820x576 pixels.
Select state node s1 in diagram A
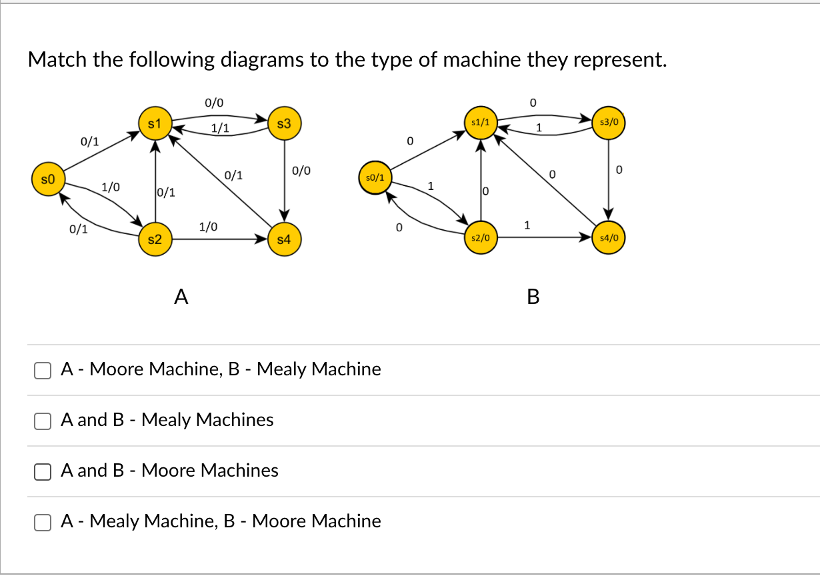(154, 123)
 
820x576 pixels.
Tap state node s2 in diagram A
(154, 239)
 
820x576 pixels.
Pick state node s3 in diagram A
(284, 123)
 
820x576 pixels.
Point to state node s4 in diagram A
(284, 239)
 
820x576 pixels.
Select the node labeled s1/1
(480, 123)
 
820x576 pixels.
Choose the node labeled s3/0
(609, 123)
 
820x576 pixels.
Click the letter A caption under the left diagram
(180, 296)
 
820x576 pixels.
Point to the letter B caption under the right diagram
(533, 297)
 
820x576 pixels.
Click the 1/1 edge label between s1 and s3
(219, 128)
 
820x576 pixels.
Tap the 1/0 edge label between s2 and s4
(208, 227)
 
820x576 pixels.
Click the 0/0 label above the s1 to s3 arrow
(214, 103)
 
